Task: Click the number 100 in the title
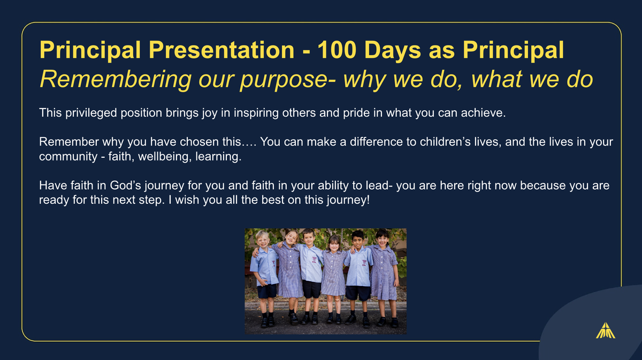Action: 337,50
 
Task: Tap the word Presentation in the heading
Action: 221,50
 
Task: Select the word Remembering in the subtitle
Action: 116,80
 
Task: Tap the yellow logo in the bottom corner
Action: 605,331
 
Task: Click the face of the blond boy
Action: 263,240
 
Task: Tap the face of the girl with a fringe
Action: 334,245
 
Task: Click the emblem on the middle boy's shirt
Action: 314,259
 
